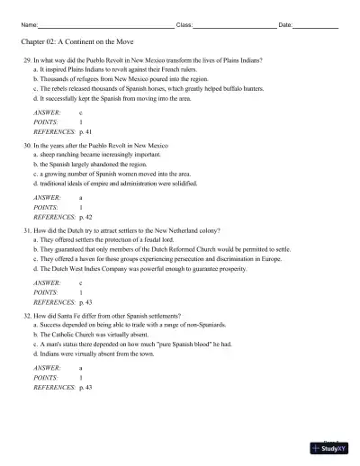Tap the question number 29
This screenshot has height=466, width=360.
point(27,59)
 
